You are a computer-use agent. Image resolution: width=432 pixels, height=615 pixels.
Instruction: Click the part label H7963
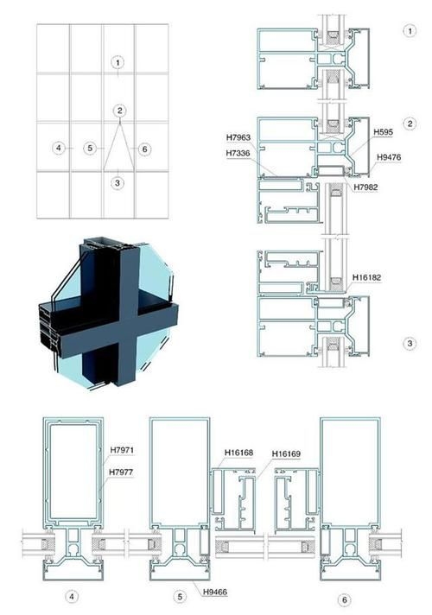(238, 137)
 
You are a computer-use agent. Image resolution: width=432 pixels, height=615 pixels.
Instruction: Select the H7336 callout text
(238, 153)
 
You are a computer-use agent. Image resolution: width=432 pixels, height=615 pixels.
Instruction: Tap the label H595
(383, 132)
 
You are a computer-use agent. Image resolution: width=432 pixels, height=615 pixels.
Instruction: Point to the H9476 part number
(389, 157)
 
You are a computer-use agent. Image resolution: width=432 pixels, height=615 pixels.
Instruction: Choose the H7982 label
(365, 187)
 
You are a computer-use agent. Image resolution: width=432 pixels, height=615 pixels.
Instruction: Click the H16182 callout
(367, 277)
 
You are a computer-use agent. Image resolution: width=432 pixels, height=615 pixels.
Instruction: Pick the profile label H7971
(122, 450)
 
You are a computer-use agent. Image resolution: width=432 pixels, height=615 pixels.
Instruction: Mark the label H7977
(121, 472)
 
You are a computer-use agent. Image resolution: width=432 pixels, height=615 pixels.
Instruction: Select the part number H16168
(238, 453)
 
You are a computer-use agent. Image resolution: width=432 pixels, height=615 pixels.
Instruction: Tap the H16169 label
(287, 453)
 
